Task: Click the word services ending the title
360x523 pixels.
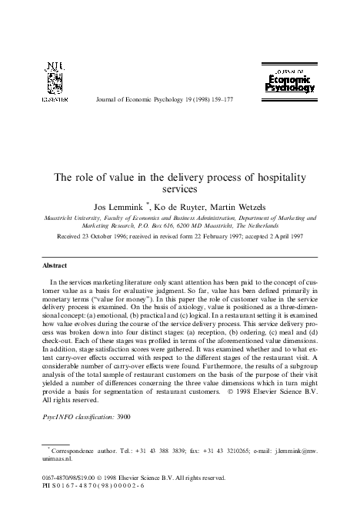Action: (179, 188)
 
